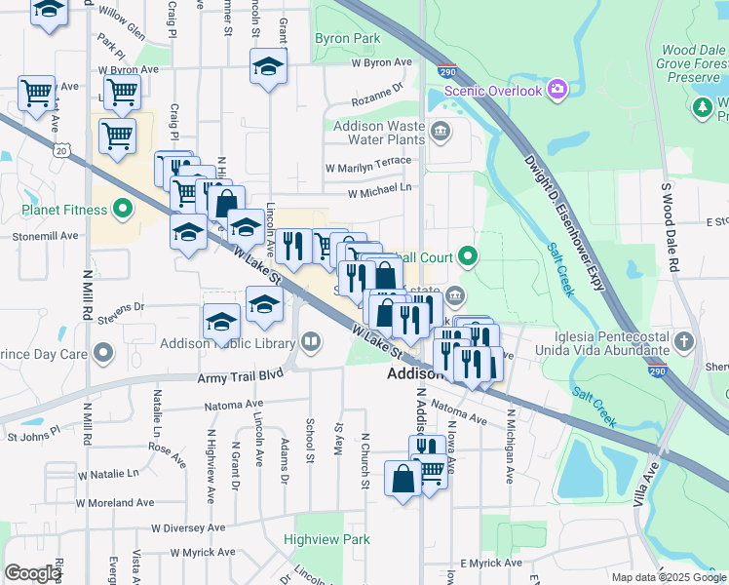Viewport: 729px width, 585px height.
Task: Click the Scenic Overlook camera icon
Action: [x=557, y=90]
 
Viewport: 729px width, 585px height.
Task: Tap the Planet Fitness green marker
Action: [x=123, y=209]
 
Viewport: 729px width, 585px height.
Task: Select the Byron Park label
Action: [x=347, y=39]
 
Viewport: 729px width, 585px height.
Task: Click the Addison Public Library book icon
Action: [x=310, y=341]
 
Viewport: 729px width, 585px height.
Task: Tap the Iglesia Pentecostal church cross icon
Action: [x=685, y=342]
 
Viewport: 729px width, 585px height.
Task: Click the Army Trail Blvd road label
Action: [x=240, y=374]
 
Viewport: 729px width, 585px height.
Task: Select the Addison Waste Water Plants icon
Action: [x=441, y=131]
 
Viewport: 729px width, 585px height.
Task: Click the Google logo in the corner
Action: [x=32, y=573]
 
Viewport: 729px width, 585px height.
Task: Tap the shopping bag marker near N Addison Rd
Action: [x=403, y=480]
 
